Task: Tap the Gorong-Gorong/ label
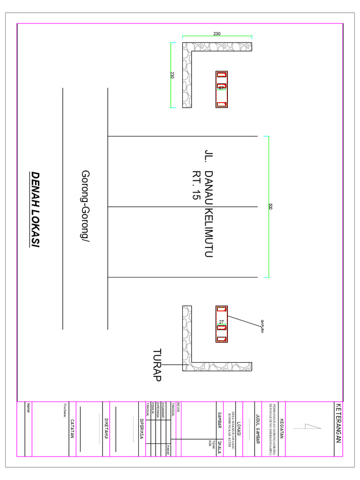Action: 86,206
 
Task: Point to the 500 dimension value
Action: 270,206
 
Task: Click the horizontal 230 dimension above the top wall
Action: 217,34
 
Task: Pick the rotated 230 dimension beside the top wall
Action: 172,75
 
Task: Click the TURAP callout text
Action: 157,365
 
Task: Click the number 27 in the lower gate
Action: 221,322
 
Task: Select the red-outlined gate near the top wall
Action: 221,89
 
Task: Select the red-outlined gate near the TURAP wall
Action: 221,324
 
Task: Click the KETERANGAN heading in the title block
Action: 338,428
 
